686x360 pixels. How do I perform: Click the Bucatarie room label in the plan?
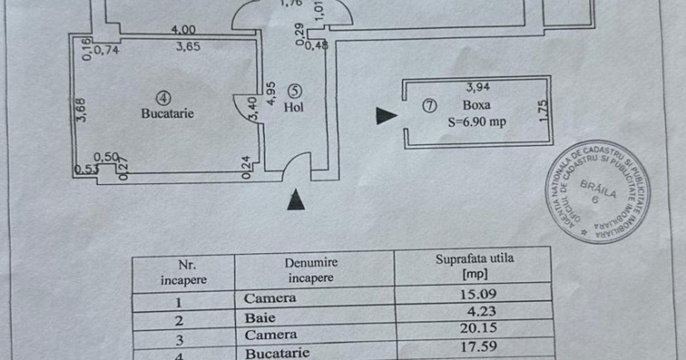pos(167,113)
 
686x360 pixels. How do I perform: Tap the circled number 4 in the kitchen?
pos(164,99)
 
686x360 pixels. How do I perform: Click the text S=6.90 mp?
pos(477,122)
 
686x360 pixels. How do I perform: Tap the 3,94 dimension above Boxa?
pos(478,87)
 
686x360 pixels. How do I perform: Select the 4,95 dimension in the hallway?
pos(272,93)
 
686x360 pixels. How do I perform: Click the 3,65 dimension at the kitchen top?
pos(188,47)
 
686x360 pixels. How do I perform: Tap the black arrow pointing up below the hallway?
pos(295,201)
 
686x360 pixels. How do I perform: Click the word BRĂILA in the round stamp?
pos(598,189)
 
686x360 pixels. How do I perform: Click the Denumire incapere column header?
pos(312,270)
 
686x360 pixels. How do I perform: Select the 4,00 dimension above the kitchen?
pos(185,30)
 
